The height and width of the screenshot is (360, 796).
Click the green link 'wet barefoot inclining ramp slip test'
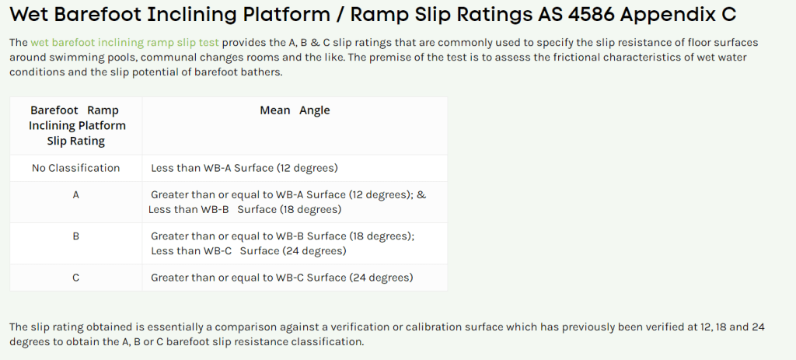[x=125, y=43]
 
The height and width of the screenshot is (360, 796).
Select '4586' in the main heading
[x=590, y=14]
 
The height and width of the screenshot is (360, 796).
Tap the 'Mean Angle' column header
[x=295, y=110]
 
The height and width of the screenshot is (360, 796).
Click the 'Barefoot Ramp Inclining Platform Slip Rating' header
[x=76, y=125]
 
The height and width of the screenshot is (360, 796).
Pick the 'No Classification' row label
[x=75, y=168]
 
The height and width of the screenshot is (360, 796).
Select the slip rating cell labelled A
[x=75, y=195]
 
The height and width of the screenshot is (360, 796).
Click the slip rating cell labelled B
[x=75, y=236]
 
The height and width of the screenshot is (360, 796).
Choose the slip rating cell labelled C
[x=75, y=278]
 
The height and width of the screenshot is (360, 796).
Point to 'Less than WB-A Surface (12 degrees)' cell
[x=244, y=168]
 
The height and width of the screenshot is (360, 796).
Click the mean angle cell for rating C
[x=281, y=278]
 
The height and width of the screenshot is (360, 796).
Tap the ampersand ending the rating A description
[x=421, y=195]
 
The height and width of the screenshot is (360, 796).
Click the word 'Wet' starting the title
[x=29, y=14]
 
